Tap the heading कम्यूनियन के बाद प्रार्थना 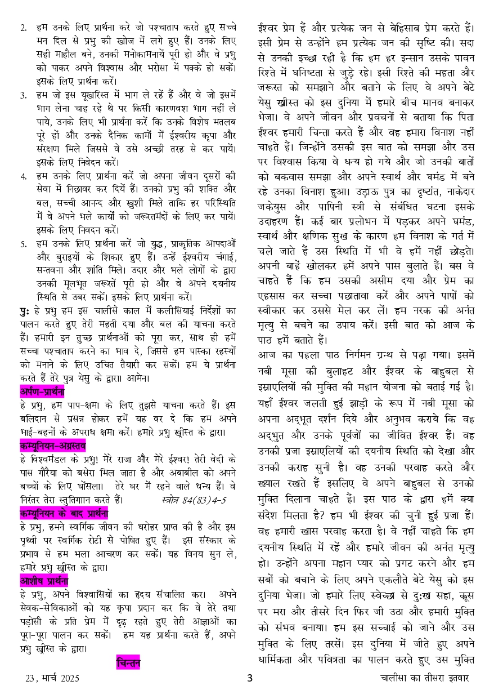pos(64,513)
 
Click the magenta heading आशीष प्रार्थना pos(44,580)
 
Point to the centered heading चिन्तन pos(128,663)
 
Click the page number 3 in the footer pos(250,678)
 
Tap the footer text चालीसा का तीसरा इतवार pos(424,678)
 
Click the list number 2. pos(23,28)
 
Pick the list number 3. pos(23,95)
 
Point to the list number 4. pos(23,176)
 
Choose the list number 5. pos(23,244)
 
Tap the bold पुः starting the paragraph pos(25,311)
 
